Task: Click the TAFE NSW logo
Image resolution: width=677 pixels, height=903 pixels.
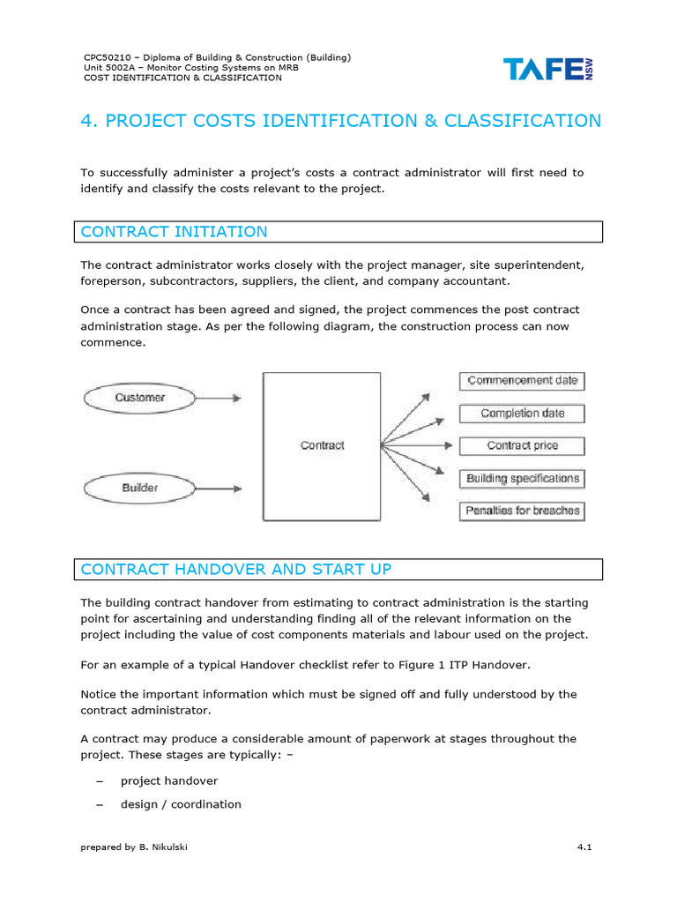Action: [548, 69]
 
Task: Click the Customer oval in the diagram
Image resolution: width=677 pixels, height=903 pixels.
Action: [139, 399]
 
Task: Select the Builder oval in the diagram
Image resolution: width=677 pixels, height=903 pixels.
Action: [139, 487]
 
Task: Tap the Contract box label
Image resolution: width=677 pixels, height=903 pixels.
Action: [322, 445]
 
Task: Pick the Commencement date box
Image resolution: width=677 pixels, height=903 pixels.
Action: [522, 381]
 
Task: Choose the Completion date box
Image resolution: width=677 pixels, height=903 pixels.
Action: [522, 414]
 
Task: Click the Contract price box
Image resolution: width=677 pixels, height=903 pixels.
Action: [522, 446]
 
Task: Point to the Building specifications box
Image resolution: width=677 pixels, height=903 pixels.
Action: [522, 479]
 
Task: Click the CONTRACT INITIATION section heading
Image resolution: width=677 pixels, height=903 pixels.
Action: [174, 232]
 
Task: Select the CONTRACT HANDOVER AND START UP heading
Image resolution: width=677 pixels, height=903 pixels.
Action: [235, 569]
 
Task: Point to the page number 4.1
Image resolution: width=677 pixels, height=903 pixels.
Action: [584, 847]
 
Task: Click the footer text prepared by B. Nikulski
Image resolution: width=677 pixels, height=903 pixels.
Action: [134, 847]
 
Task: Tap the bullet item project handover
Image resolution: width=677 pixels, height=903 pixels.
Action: [169, 781]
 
